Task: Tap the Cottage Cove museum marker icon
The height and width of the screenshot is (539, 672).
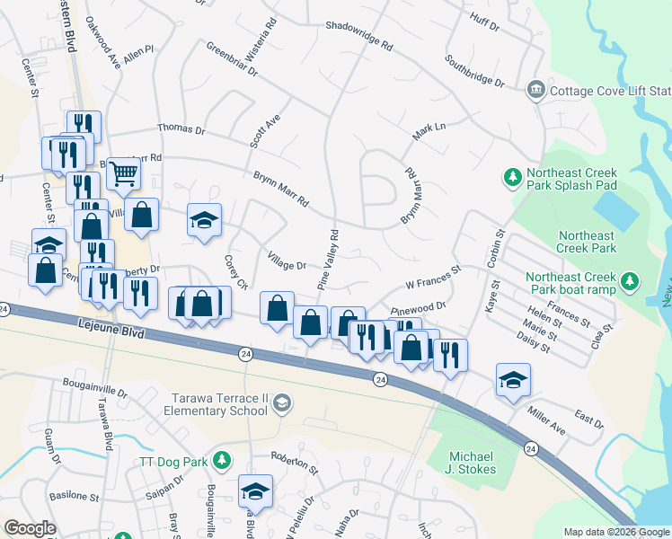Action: (x=536, y=90)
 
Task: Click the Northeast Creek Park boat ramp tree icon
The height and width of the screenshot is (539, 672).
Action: (x=630, y=282)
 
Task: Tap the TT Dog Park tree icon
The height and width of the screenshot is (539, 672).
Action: (x=223, y=461)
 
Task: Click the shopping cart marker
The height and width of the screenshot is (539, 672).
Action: (x=123, y=172)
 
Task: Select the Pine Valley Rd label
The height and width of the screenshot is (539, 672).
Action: (x=327, y=261)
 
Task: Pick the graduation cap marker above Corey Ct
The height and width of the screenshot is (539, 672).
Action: (x=204, y=220)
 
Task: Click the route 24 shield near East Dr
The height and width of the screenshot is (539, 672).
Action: (x=531, y=448)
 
